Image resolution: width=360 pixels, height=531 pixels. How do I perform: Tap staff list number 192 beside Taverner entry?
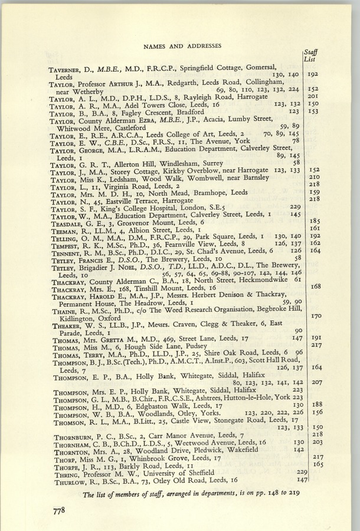click(313, 74)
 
